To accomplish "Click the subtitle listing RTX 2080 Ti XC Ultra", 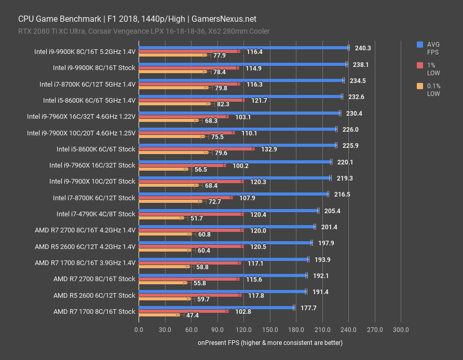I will [x=144, y=31].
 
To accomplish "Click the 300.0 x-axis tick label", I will [x=401, y=329].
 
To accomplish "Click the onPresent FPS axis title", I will [x=270, y=343].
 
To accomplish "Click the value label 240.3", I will [x=363, y=48].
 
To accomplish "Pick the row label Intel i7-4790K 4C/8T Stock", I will [x=96, y=214].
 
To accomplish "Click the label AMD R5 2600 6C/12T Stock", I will [x=94, y=295].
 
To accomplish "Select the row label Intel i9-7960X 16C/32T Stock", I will [x=92, y=165].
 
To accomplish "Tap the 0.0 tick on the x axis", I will [x=139, y=329].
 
